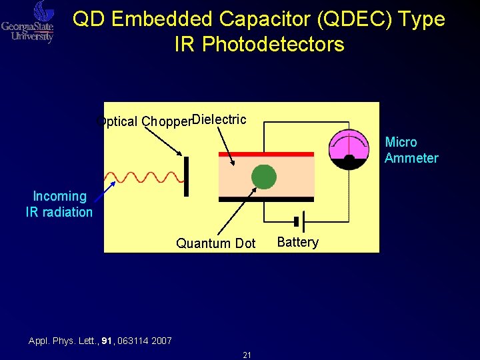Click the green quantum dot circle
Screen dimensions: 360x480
coord(264,177)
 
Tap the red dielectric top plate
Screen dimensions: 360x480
coord(267,154)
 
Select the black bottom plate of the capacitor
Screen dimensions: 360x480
coord(267,199)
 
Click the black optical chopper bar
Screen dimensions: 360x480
coord(186,177)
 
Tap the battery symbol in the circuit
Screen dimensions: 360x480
coord(299,221)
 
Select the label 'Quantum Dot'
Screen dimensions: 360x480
coord(215,243)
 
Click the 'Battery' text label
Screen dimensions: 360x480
coord(297,242)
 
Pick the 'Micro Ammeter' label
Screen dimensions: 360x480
coord(410,150)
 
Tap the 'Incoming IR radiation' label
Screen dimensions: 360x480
coord(59,204)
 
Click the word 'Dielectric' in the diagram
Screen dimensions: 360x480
coord(219,120)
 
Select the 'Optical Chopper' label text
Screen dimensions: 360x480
coord(144,121)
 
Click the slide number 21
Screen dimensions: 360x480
coord(247,355)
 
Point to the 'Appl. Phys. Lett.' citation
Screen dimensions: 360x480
coord(100,341)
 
